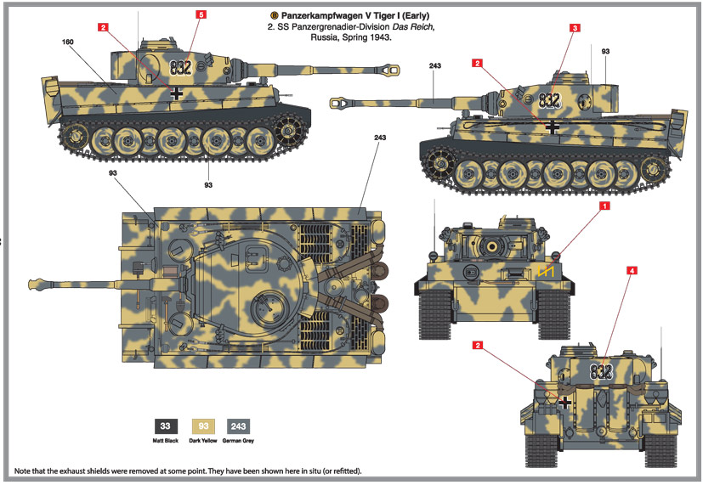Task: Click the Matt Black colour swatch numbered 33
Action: [x=166, y=427]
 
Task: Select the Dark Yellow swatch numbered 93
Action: [x=203, y=427]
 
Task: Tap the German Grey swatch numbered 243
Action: [x=240, y=427]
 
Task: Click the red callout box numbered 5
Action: [x=201, y=14]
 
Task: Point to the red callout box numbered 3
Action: [x=575, y=28]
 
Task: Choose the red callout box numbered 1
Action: [x=605, y=206]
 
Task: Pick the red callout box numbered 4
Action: [x=632, y=271]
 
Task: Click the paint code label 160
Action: [x=69, y=42]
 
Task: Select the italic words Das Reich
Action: [x=426, y=27]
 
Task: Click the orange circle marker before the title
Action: [x=274, y=14]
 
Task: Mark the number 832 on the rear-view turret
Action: [x=600, y=371]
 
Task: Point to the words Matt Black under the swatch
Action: [x=166, y=441]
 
